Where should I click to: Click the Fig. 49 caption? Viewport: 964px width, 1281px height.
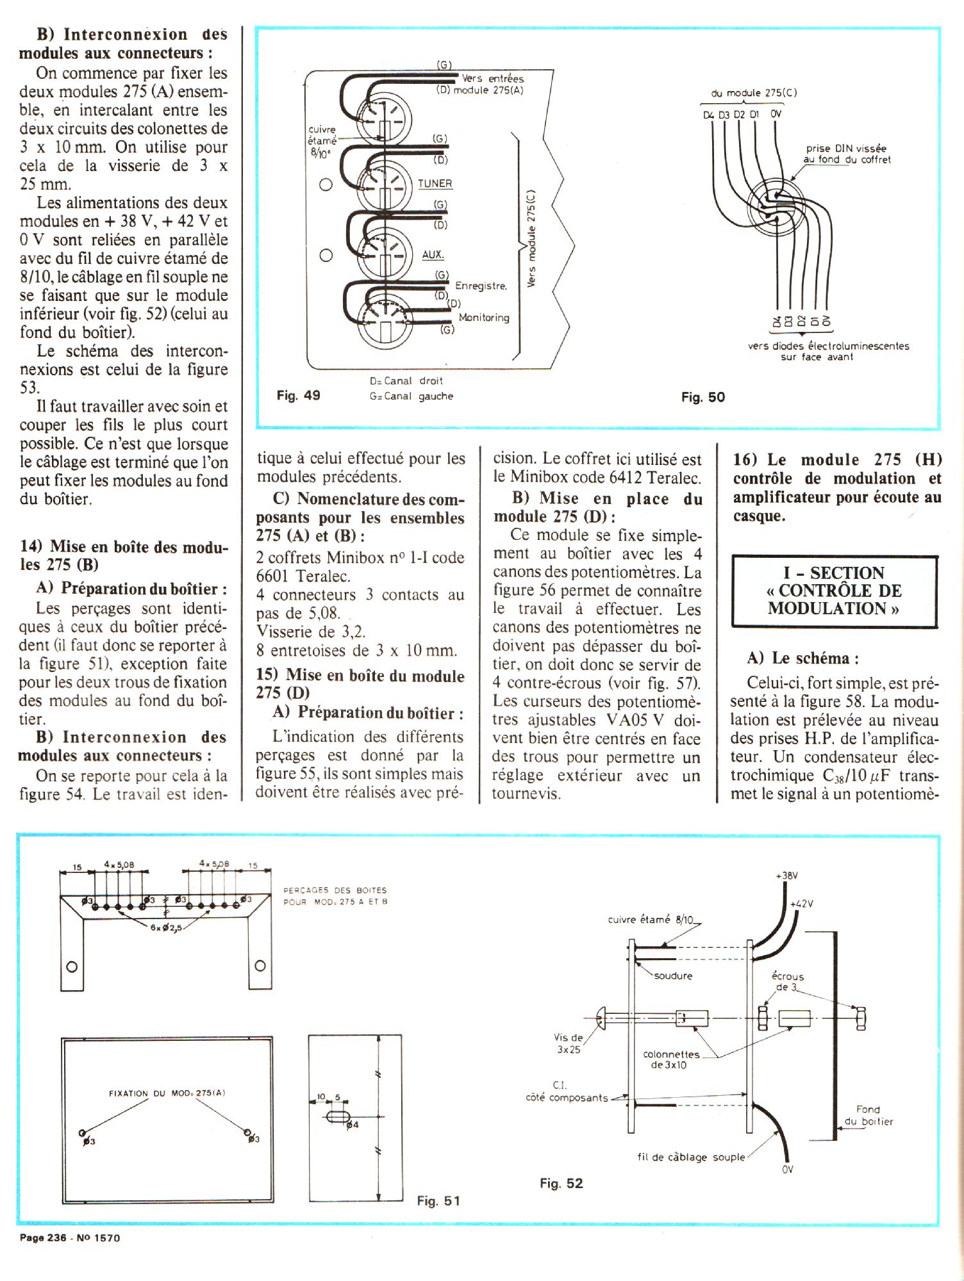coord(298,395)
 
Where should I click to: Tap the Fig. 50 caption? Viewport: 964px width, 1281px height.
coord(702,397)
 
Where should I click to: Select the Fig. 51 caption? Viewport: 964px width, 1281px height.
coord(438,1200)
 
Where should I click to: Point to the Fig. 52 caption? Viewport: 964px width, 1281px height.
coord(561,1183)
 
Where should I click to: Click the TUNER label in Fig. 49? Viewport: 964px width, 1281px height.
coord(435,183)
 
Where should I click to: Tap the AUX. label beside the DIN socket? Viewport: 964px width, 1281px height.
coord(433,254)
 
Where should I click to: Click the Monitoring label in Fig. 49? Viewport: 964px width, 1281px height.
coord(484,317)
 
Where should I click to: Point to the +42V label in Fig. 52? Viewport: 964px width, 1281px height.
coord(801,904)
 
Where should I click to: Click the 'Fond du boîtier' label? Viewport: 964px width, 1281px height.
coord(868,1115)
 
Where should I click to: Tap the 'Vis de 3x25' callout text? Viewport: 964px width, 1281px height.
coord(568,1043)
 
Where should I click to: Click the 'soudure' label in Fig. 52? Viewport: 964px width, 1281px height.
coord(673,975)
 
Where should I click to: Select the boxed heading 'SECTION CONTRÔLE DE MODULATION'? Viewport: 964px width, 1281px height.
coord(834,591)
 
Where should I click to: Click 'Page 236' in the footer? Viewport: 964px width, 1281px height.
coord(43,1237)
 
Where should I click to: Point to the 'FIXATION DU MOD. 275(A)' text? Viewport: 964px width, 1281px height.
coord(167,1093)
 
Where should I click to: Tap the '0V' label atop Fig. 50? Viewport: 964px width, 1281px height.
coord(776,114)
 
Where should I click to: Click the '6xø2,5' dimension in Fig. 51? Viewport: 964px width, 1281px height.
coord(166,927)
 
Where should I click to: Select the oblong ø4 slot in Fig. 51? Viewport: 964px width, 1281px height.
coord(338,1117)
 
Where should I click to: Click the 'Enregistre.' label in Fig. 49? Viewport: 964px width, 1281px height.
coord(481,286)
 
